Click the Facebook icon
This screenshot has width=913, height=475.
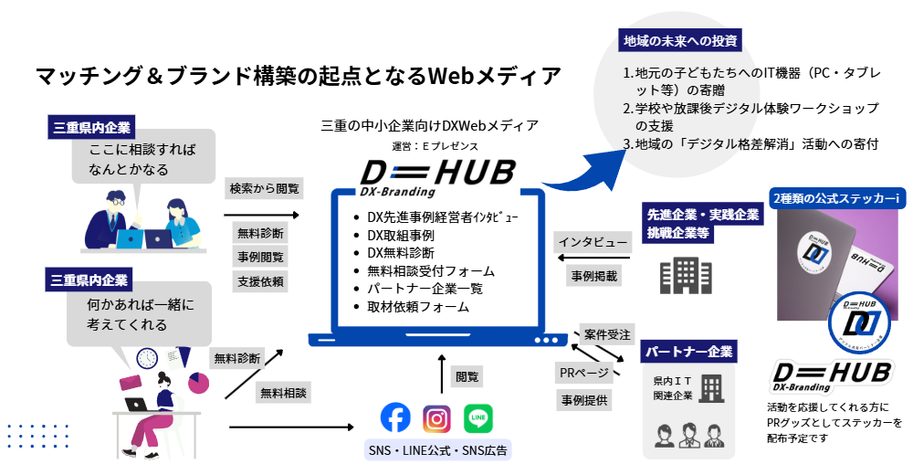pyautogui.click(x=395, y=418)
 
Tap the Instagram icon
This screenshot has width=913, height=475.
pyautogui.click(x=437, y=418)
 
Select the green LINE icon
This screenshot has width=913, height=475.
pyautogui.click(x=478, y=418)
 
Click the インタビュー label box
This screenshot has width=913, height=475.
pyautogui.click(x=593, y=243)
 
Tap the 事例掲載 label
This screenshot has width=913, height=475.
pyautogui.click(x=594, y=275)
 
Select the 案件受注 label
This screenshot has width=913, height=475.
pyautogui.click(x=608, y=333)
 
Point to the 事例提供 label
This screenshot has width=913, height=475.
pyautogui.click(x=584, y=398)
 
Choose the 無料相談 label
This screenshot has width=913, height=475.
pyautogui.click(x=283, y=394)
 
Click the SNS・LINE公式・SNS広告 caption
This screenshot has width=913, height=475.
pyautogui.click(x=437, y=449)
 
